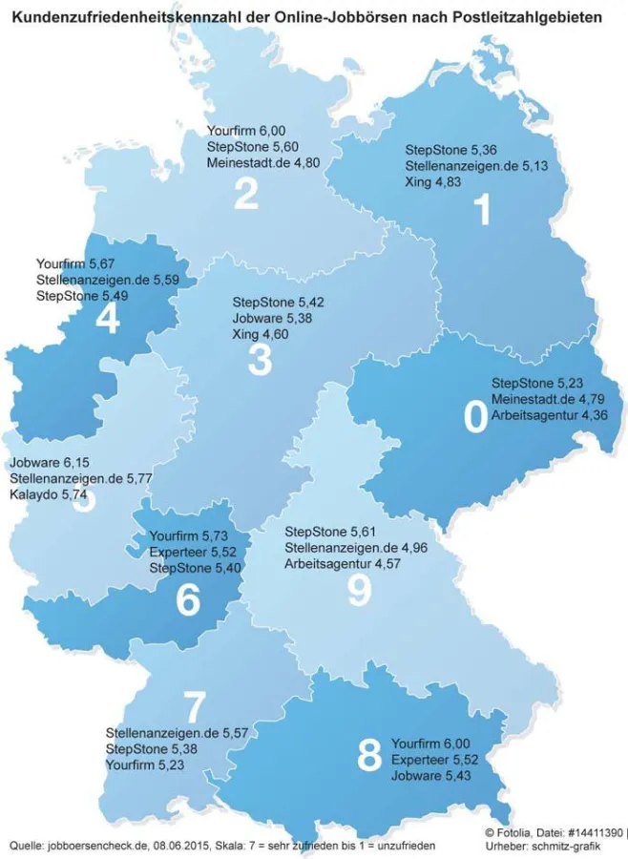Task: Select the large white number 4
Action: click(x=108, y=320)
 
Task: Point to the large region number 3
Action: click(x=259, y=361)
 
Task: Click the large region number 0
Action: click(x=473, y=418)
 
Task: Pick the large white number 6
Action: click(x=188, y=599)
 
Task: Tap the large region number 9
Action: click(x=358, y=591)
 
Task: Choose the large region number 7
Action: click(x=194, y=708)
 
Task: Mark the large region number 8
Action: click(x=367, y=758)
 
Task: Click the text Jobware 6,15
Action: click(x=44, y=462)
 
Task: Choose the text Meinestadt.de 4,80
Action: click(x=262, y=162)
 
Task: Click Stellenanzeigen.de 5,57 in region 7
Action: click(x=177, y=732)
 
